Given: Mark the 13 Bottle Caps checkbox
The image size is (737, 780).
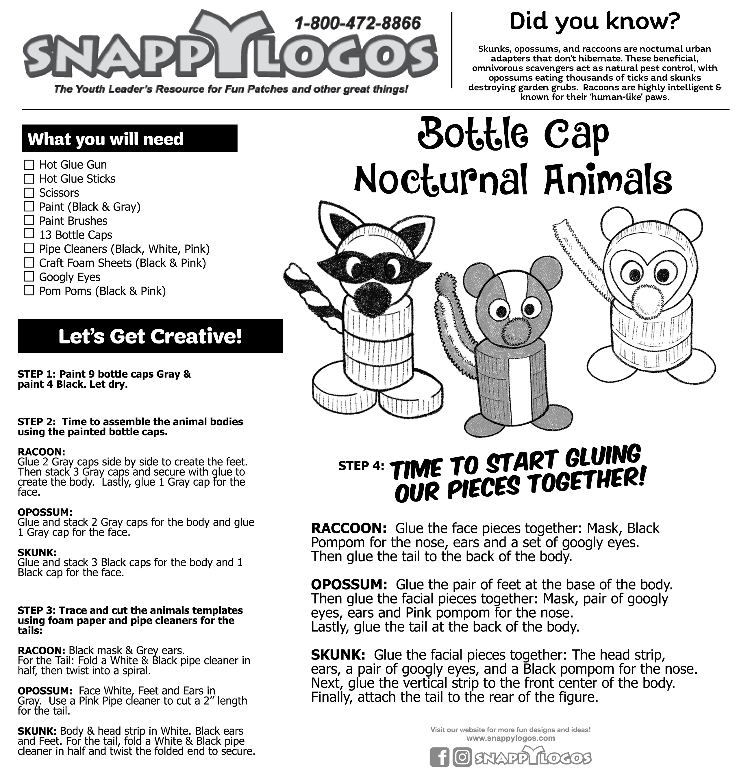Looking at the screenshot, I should coord(29,234).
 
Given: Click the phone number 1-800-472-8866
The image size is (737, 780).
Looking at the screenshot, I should coord(358,24).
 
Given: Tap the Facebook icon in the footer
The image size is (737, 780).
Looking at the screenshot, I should coord(439,757).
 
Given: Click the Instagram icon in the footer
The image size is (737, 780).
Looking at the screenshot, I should coord(462,757).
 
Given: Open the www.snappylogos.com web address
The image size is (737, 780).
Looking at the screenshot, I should coord(511,738).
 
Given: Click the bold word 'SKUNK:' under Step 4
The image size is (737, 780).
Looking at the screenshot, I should coord(338,655).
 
